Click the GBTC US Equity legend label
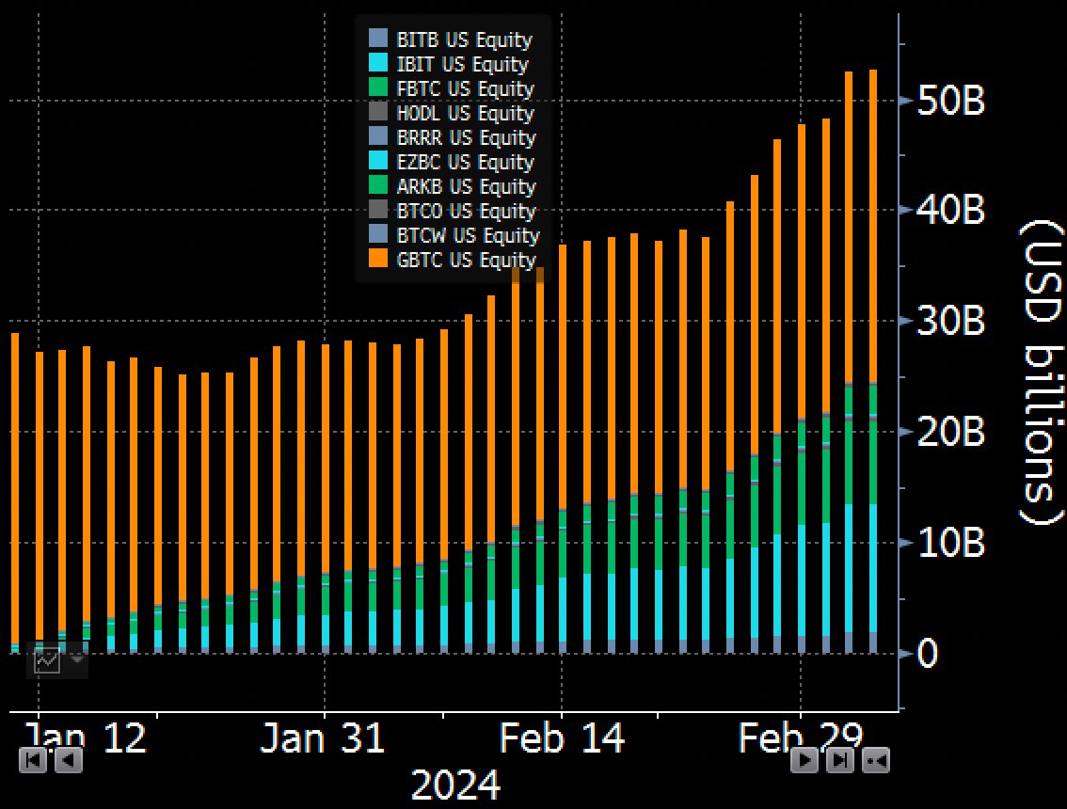point(466,261)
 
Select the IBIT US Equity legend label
point(462,65)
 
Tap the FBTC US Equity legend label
point(465,89)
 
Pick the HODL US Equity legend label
point(465,114)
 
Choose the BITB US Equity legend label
point(464,40)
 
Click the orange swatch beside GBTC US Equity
point(378,260)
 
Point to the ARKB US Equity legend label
point(466,187)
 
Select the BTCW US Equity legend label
point(468,236)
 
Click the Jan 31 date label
point(323,739)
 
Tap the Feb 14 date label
point(562,739)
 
